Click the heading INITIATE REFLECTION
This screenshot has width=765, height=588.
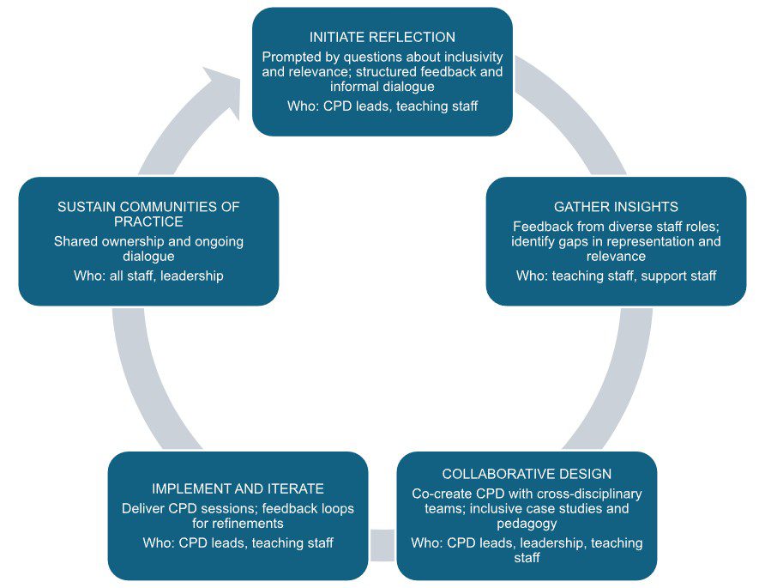(382, 38)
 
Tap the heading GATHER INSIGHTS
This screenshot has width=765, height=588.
(616, 207)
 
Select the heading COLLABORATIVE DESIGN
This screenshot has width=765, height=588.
(527, 474)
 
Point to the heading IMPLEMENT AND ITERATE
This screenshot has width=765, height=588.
(238, 488)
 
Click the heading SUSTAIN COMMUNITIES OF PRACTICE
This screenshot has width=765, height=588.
(148, 215)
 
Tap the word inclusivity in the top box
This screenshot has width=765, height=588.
(467, 57)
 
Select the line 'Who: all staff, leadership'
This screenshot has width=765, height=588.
(148, 276)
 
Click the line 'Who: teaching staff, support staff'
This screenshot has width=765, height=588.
(616, 276)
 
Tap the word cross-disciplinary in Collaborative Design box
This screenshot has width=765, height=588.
(586, 494)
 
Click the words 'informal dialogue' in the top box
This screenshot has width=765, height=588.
(382, 87)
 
